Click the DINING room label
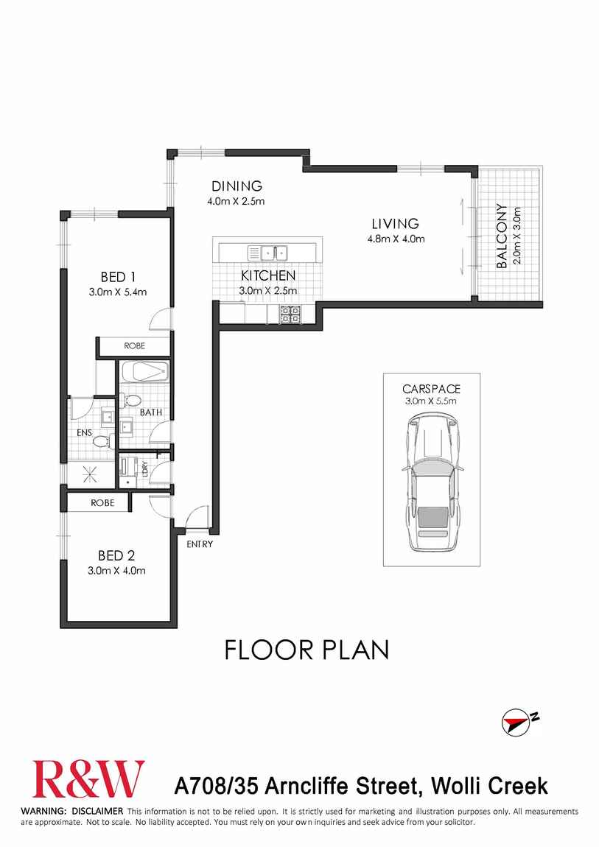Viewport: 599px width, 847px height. [237, 186]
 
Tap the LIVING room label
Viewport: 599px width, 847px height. [394, 224]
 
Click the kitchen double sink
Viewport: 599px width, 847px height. [268, 253]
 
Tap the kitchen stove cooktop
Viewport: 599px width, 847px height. [289, 314]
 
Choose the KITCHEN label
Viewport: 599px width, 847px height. [268, 276]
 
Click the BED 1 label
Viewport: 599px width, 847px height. [118, 277]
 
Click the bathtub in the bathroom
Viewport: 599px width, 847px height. [144, 372]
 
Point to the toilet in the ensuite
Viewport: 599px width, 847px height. [101, 441]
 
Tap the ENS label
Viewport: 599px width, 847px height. [85, 433]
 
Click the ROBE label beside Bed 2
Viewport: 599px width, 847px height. [102, 503]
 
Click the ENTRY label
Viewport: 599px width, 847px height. [200, 544]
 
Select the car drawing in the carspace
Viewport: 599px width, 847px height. [432, 482]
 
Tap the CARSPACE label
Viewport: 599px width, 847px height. [431, 389]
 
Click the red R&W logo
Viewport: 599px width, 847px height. [88, 779]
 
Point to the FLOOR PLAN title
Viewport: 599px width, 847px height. [306, 650]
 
